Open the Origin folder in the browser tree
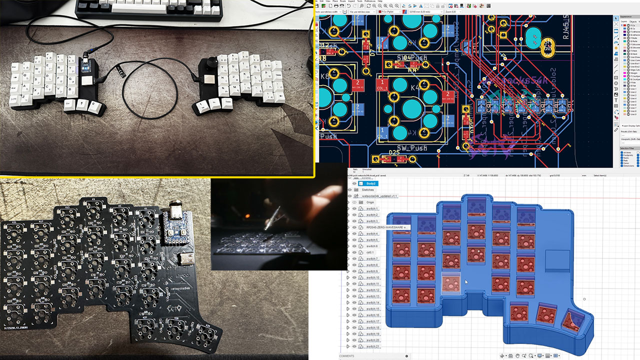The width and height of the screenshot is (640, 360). (x=370, y=202)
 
